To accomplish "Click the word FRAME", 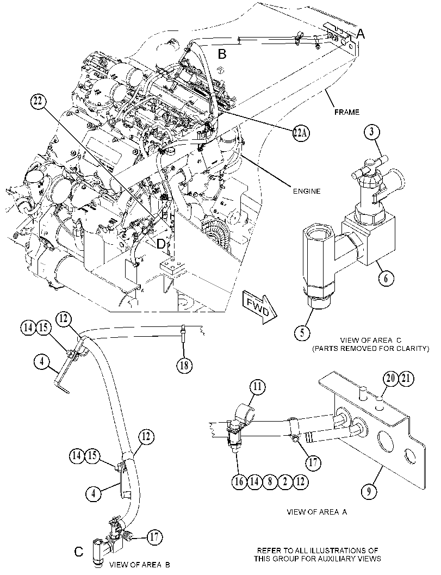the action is pos(346,112).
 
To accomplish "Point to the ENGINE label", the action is pos(307,191).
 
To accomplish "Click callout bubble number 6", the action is pos(386,279).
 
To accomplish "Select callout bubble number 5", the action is pos(302,333).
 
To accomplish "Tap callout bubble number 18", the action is pos(184,365).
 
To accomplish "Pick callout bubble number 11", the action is pos(258,387).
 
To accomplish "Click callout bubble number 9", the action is pos(369,492).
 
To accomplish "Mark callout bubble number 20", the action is pos(390,378).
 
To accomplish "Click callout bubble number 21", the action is pos(406,378).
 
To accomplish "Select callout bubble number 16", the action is pos(239,481).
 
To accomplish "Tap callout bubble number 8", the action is pos(269,481).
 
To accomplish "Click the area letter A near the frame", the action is pos(361,34).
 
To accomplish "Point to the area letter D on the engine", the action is pos(161,244).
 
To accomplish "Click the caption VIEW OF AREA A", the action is pos(316,512).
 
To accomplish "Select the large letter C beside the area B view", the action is pos(78,552).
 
